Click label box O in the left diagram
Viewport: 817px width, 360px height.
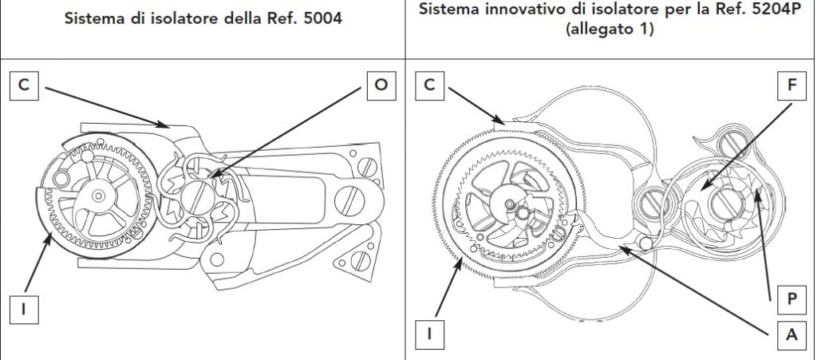381,86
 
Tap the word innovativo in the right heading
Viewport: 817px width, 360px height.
519,14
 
